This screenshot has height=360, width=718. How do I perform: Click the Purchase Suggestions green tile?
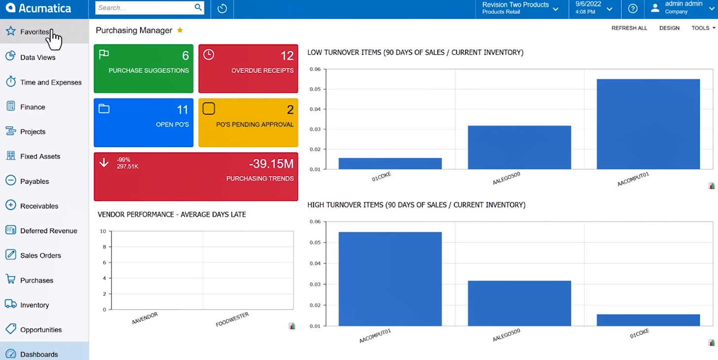click(144, 69)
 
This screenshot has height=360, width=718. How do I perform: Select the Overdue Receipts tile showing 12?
click(248, 69)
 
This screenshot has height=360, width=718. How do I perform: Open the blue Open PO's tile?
click(144, 123)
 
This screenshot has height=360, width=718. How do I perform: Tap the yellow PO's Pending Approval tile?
click(248, 123)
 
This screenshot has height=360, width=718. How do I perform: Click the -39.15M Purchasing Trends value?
click(271, 163)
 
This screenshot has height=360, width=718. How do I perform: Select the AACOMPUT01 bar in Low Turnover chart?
click(648, 124)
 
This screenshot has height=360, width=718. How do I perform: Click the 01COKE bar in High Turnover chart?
click(648, 320)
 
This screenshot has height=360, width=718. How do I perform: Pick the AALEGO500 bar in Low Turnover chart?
click(519, 147)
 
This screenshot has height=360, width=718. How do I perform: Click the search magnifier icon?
click(198, 8)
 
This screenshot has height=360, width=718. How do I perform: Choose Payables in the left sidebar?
click(35, 181)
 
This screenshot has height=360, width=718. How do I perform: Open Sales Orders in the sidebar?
click(40, 255)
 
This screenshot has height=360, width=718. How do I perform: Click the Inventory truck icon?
click(11, 304)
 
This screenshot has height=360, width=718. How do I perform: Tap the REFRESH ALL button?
click(629, 28)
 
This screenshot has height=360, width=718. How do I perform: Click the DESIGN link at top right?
click(669, 28)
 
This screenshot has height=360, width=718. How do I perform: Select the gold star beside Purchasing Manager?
click(180, 31)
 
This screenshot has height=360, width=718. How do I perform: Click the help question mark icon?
click(633, 9)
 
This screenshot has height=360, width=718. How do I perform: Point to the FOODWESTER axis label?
click(232, 320)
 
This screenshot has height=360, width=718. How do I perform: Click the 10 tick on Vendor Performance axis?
click(103, 231)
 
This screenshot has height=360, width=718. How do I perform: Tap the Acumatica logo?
click(38, 8)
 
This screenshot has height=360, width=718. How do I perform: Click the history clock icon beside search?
click(222, 9)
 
